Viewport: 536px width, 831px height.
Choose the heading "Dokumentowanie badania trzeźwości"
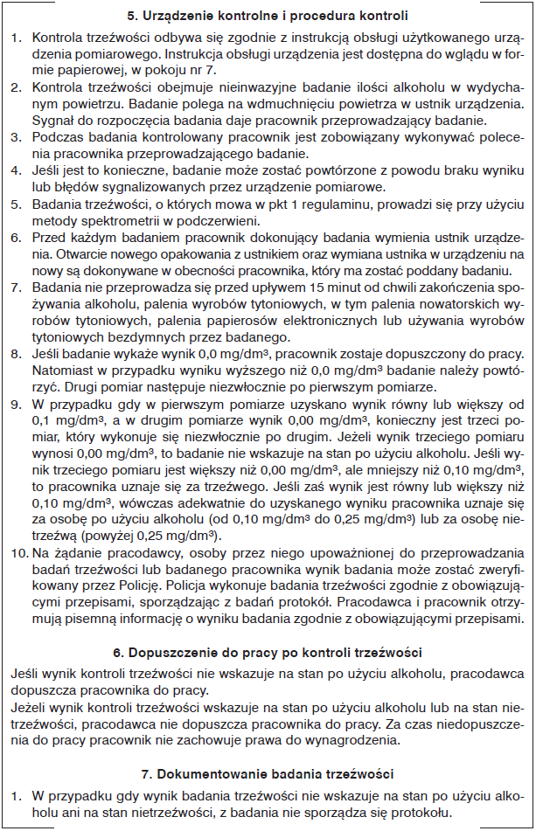tap(268, 773)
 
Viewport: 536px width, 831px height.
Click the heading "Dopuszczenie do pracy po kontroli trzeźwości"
tap(268, 653)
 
